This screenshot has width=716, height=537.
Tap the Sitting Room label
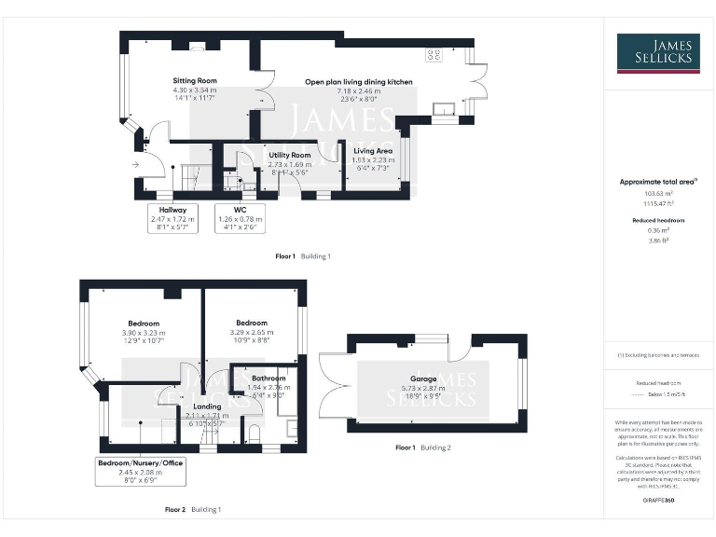195,81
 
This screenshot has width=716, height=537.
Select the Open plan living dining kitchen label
359,82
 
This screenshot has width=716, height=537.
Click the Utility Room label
290,155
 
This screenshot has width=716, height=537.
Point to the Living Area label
373,150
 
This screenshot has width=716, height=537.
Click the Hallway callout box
173,217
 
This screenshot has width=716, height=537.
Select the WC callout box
241,217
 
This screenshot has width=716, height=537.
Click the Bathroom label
268,378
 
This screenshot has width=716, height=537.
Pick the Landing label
207,406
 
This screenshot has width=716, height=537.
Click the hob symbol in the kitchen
434,55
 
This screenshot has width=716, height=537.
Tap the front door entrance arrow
136,166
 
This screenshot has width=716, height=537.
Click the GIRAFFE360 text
657,501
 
